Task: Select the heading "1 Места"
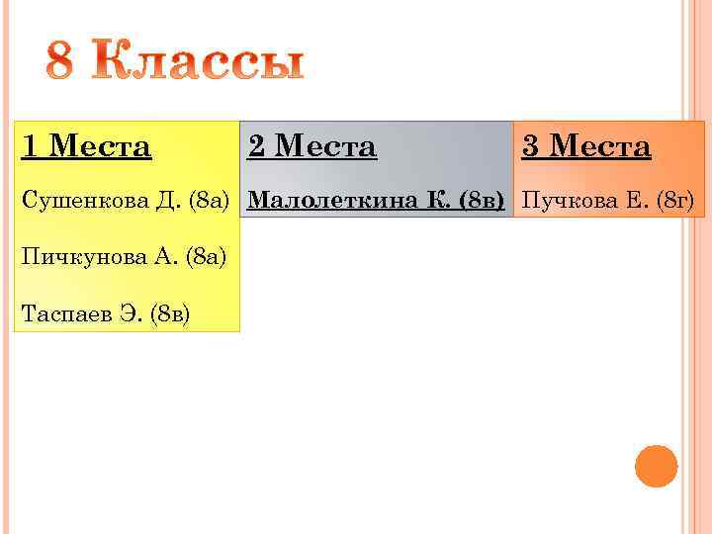pos(87,147)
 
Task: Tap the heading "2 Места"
pos(311,147)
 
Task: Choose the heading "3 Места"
pos(586,147)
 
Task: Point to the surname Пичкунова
pos(84,258)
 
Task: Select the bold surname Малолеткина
pos(335,202)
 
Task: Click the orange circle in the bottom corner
pos(656,466)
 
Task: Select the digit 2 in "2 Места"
pos(256,147)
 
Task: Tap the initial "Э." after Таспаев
pos(129,314)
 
